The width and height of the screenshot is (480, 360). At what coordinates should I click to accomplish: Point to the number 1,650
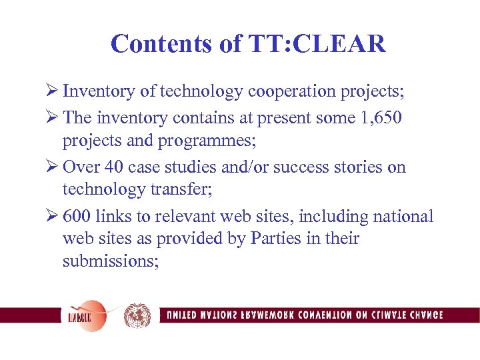[378, 117]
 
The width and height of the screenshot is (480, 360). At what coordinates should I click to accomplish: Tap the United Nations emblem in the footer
[137, 315]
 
